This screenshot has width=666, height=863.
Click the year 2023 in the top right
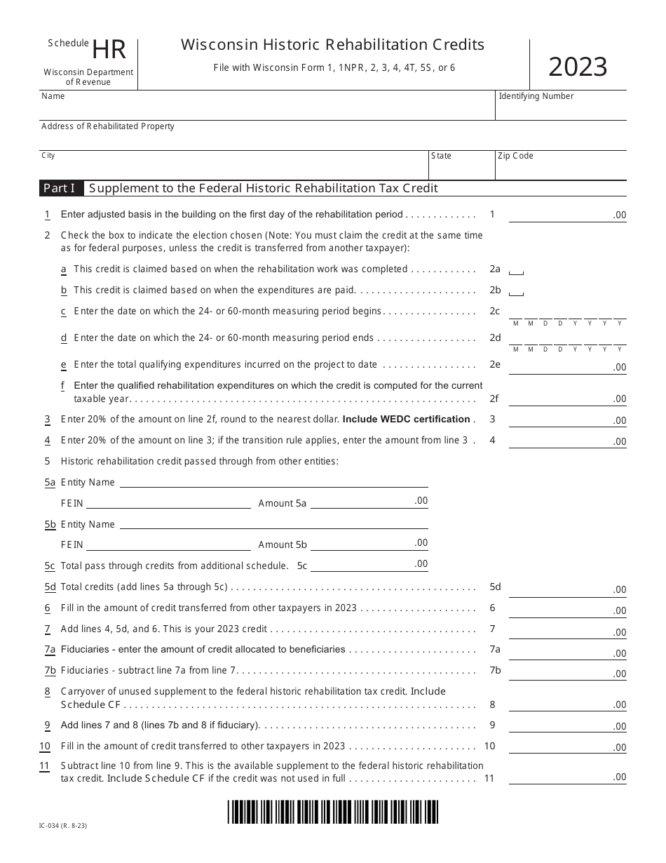tap(578, 67)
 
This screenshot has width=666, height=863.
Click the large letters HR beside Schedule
tap(109, 51)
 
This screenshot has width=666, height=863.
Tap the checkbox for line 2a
tap(516, 271)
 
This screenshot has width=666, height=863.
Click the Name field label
tap(53, 96)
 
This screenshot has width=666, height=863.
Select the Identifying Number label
tap(536, 96)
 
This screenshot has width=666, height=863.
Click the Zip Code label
tap(515, 156)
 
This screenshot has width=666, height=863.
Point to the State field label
tap(441, 156)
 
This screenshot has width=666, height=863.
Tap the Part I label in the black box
tap(60, 188)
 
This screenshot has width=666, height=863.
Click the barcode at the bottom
tap(333, 811)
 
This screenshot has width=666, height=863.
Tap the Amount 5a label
tap(283, 503)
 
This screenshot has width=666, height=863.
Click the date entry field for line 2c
tap(567, 312)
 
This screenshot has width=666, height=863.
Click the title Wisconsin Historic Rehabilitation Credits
tap(332, 45)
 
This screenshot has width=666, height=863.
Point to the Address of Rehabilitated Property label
tap(108, 126)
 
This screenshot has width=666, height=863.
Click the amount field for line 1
tap(567, 214)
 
